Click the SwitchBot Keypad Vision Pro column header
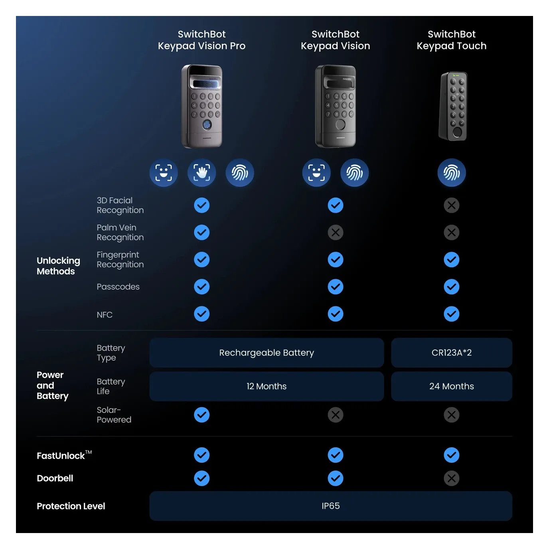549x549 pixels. [x=201, y=40]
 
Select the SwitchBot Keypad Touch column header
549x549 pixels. [x=451, y=40]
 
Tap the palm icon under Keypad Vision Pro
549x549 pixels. [x=201, y=173]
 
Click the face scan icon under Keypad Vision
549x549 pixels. [x=316, y=173]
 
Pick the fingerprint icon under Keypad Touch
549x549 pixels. [x=451, y=173]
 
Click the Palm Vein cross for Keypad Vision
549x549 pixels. [x=335, y=232]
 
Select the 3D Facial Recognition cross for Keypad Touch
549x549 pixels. [x=451, y=205]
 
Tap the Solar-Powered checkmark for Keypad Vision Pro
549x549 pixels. [x=201, y=415]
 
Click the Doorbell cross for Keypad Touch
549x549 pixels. [x=451, y=478]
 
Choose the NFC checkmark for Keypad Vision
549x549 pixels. [x=335, y=314]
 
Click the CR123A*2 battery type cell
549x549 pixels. [x=451, y=353]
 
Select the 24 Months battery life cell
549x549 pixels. [x=451, y=386]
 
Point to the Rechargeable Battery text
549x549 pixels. [x=267, y=353]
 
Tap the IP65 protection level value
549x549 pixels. [x=330, y=506]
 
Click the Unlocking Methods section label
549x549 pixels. [x=58, y=266]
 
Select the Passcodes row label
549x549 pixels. [x=118, y=287]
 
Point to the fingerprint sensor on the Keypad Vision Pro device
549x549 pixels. [x=207, y=125]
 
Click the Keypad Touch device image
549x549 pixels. [x=454, y=106]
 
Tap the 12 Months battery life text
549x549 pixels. [x=267, y=386]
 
